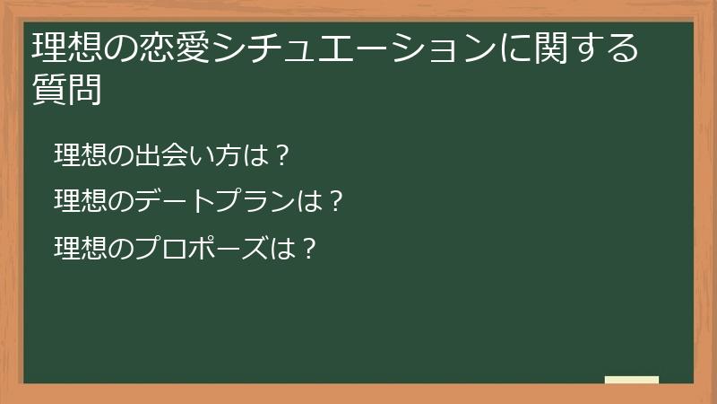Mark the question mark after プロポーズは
pyautogui.click(x=308, y=244)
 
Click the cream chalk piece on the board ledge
pyautogui.click(x=632, y=380)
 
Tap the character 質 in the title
pyautogui.click(x=48, y=89)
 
